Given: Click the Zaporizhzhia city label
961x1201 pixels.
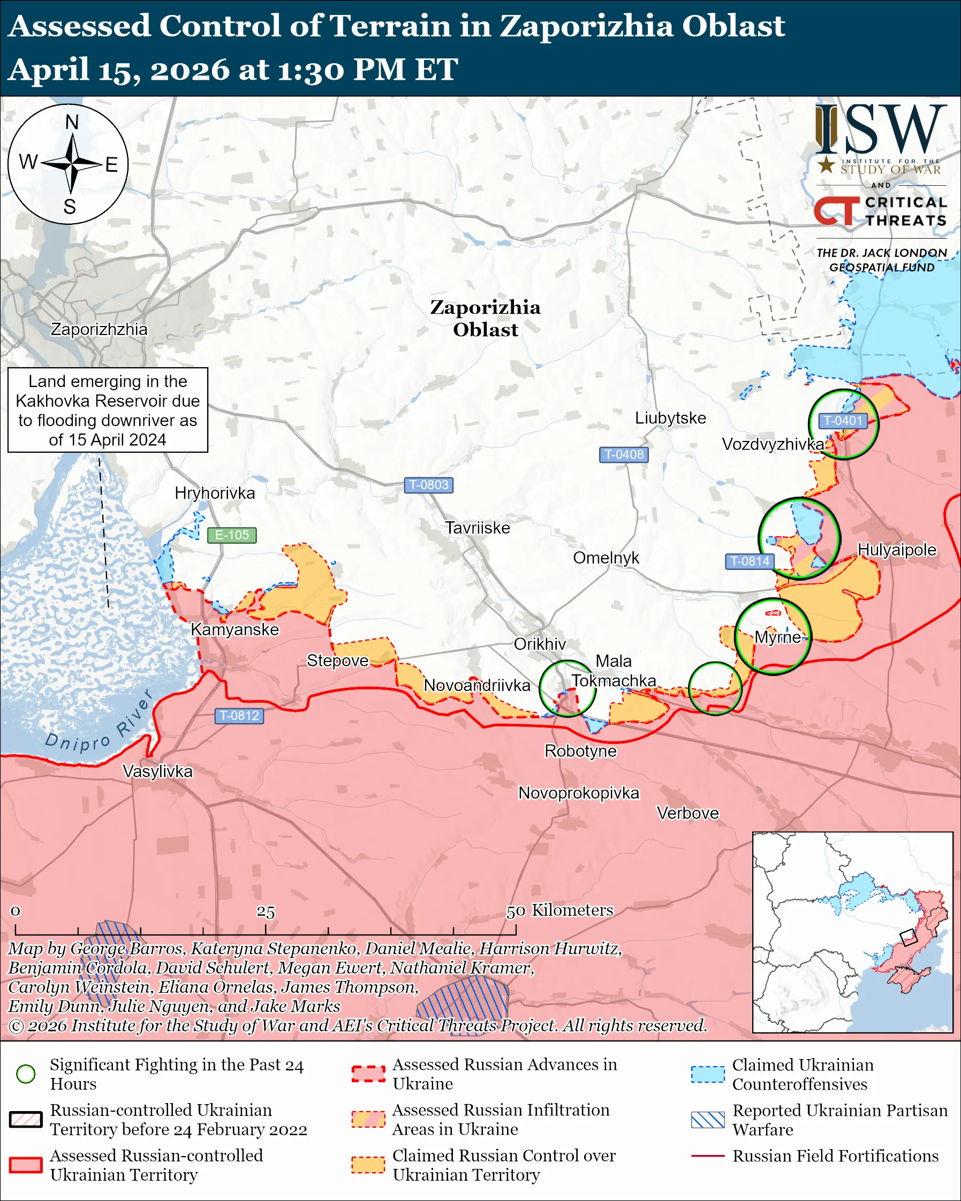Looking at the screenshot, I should point(99,329).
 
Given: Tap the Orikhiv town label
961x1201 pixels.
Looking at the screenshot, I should point(539,644).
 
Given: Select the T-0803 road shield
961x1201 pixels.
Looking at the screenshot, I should point(428,485).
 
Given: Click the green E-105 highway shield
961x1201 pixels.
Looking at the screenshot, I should point(232,535).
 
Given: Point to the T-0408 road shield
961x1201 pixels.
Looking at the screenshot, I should point(623,454).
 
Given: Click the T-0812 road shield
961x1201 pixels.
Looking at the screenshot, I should point(239,715).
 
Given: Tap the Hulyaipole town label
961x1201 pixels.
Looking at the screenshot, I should point(896,549).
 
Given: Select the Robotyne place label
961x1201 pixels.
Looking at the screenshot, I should point(580,751).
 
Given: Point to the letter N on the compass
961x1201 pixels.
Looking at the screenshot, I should point(72,122).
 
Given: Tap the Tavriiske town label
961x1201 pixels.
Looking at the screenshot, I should point(478,528).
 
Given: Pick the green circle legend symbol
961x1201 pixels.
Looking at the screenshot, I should point(26,1074).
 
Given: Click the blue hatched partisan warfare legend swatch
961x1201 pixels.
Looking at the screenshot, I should point(708,1120).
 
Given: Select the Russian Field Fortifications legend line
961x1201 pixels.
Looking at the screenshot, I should point(708,1156).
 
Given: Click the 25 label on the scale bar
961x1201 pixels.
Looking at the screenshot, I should point(266,912).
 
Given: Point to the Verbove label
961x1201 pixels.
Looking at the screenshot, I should point(687,813).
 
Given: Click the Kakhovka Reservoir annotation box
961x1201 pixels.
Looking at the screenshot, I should point(108,410).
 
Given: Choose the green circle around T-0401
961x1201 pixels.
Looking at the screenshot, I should point(843,424).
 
